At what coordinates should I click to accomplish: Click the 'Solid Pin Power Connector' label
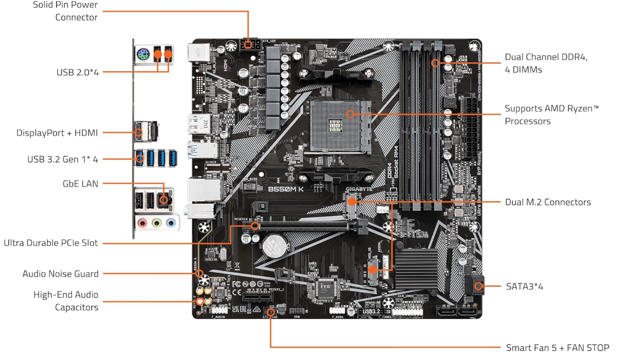pos(65,11)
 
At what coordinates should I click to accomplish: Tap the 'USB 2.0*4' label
pos(77,72)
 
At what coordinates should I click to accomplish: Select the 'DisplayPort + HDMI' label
pos(57,132)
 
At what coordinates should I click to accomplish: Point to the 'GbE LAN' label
pos(80,184)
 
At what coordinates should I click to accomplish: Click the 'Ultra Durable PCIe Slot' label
pos(51,243)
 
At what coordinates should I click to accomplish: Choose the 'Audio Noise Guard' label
pos(60,274)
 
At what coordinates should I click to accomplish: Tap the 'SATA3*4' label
pos(524,286)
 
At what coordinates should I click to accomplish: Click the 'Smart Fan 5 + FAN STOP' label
pos(557,348)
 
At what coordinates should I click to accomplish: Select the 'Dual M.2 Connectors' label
pos(547,202)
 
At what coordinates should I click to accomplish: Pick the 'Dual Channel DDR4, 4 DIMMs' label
pos(546,63)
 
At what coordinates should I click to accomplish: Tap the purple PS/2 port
pos(142,54)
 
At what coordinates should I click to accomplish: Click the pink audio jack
pos(142,223)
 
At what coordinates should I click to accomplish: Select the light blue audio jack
pos(171,223)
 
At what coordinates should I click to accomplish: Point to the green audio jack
pos(157,223)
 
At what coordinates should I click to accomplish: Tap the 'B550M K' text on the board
pos(287,189)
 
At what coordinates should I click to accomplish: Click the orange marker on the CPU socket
pos(350,114)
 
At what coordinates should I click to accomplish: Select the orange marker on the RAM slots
pos(435,63)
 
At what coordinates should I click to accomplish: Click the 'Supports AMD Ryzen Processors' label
pos(552,115)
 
